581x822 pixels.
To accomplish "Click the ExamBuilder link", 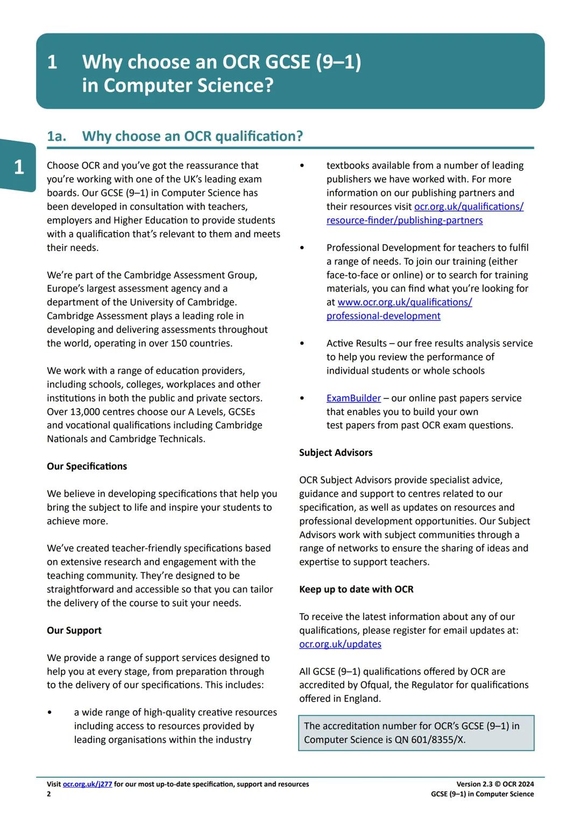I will [353, 398].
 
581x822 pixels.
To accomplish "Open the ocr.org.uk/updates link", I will [340, 644].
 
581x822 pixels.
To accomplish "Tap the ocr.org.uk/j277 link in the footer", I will [87, 784].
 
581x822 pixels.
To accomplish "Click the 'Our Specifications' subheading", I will [87, 466].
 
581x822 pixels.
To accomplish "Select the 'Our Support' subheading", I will [74, 630].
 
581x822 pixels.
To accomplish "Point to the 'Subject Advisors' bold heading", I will [336, 453].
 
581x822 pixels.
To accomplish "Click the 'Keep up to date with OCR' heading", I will [356, 589].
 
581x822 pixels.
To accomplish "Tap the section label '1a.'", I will [56, 136].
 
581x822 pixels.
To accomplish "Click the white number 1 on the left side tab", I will [19, 167].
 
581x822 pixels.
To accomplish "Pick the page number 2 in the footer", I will [49, 794].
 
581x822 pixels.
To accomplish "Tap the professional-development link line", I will [383, 316].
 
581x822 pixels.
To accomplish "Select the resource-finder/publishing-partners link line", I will [404, 220].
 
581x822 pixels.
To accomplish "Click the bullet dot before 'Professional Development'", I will [302, 248].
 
